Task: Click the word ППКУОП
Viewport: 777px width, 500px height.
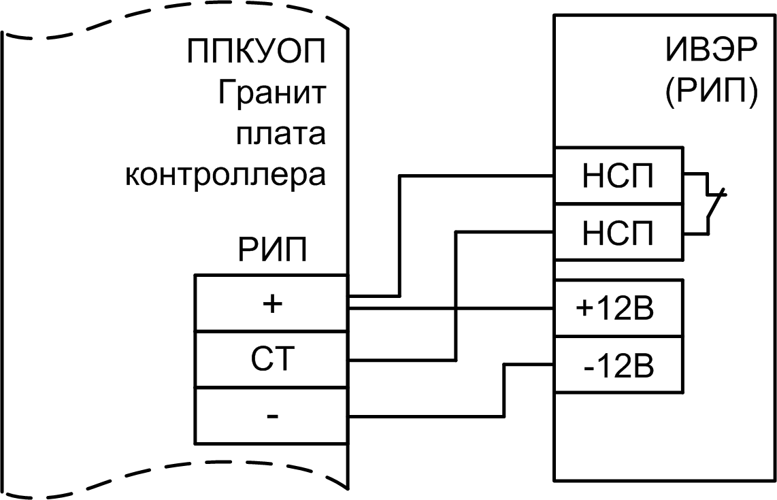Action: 256,52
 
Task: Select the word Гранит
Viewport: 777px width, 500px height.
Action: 271,93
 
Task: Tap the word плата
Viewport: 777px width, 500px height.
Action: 280,133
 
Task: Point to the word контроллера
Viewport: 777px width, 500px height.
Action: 225,174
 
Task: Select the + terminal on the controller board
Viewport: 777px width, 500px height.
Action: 271,303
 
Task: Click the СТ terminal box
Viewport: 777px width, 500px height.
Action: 271,359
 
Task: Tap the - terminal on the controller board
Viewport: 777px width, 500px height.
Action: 271,415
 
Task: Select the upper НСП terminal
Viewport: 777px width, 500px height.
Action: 617,176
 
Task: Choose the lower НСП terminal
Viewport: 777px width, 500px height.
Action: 617,232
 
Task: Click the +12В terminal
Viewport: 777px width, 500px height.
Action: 617,308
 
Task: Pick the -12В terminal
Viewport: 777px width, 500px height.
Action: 617,365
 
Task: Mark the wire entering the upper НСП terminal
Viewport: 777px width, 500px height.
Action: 476,176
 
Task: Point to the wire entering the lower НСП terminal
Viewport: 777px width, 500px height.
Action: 503,231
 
